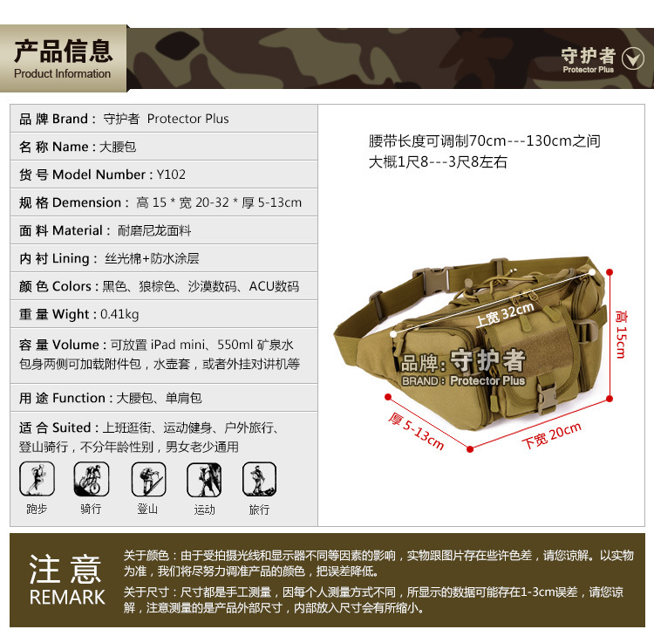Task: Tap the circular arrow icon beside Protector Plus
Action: tap(632, 58)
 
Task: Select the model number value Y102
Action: tap(171, 174)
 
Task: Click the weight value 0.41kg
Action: tap(119, 314)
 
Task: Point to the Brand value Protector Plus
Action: tap(187, 119)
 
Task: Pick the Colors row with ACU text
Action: tap(159, 286)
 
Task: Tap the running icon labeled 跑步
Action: tap(37, 479)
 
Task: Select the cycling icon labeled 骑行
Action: tap(91, 479)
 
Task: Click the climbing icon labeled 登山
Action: tap(147, 479)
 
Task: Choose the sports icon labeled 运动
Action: tap(204, 479)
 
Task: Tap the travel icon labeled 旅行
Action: tap(259, 479)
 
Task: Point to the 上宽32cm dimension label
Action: tap(504, 313)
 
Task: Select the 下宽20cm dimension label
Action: tap(551, 434)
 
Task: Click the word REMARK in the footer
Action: tap(67, 598)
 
